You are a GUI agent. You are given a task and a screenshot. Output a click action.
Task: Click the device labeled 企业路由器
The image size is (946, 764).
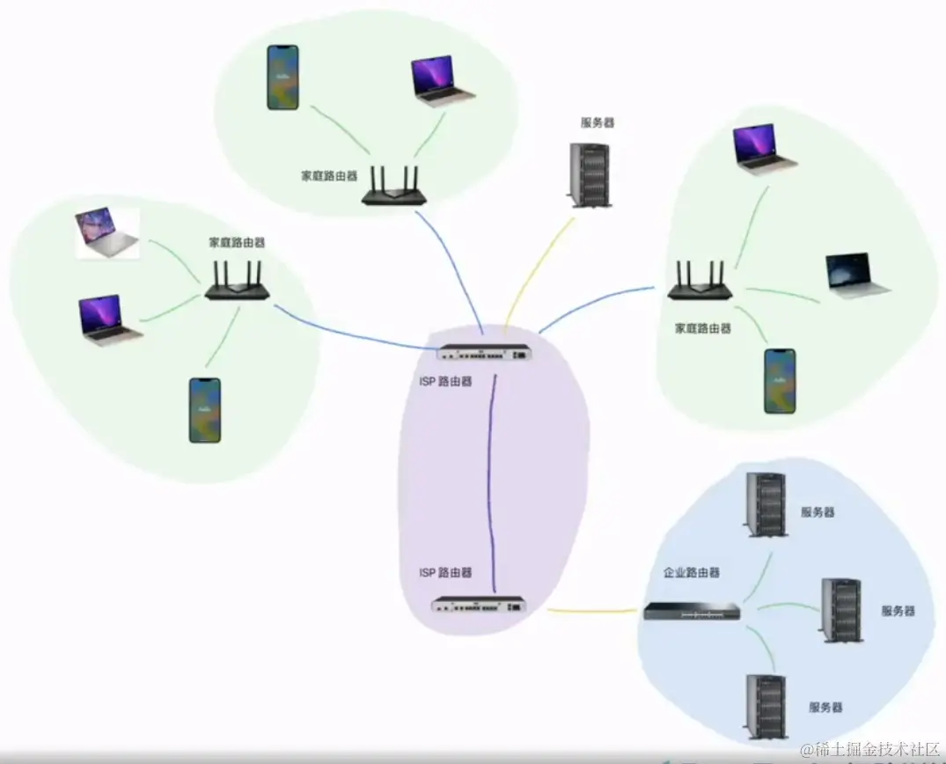(x=692, y=611)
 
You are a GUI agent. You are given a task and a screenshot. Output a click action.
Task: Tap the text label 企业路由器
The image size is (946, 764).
(x=691, y=572)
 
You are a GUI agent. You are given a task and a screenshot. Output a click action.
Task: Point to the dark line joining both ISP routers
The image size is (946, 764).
(x=493, y=475)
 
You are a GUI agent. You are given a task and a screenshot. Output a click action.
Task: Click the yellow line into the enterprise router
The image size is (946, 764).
(x=591, y=610)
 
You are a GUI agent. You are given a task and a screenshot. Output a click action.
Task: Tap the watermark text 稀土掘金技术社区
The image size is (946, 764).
(x=870, y=750)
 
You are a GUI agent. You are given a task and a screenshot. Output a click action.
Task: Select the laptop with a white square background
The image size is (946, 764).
(x=107, y=233)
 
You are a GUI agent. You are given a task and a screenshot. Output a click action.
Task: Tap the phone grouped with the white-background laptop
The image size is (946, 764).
(x=204, y=410)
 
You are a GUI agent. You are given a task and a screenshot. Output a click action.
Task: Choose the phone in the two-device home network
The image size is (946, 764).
(x=282, y=77)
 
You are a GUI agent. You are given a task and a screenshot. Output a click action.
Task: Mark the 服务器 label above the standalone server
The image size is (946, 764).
(x=597, y=122)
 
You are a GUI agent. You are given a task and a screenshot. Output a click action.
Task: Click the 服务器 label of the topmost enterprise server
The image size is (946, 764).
(x=817, y=511)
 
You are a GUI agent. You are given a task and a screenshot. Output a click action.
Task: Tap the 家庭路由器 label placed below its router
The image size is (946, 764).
(x=702, y=327)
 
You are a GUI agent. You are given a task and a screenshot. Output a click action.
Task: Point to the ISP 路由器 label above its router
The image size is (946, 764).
(x=445, y=572)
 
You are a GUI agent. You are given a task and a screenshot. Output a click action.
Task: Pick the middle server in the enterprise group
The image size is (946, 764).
(x=840, y=609)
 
